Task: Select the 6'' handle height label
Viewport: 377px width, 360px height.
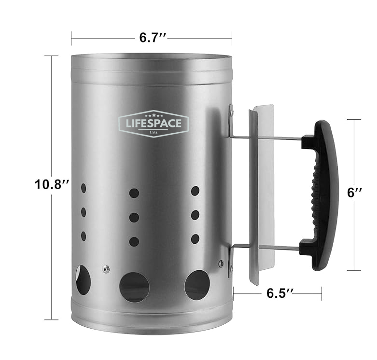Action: coord(355,193)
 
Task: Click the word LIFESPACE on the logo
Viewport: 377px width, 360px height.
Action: coord(154,124)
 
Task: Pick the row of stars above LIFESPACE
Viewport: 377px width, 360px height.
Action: coord(154,116)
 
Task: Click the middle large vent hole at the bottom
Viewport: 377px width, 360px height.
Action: coord(134,287)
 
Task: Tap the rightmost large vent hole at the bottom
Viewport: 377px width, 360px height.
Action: coord(197,284)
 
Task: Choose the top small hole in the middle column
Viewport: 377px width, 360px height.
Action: coord(134,194)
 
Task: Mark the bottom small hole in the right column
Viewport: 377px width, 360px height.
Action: coord(195,238)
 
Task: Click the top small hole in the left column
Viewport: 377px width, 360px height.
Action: coord(84,187)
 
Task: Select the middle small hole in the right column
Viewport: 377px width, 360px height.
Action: coord(195,215)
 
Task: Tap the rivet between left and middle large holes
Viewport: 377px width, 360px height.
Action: coord(106,268)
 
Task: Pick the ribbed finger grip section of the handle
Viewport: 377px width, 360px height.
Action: coord(318,193)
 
